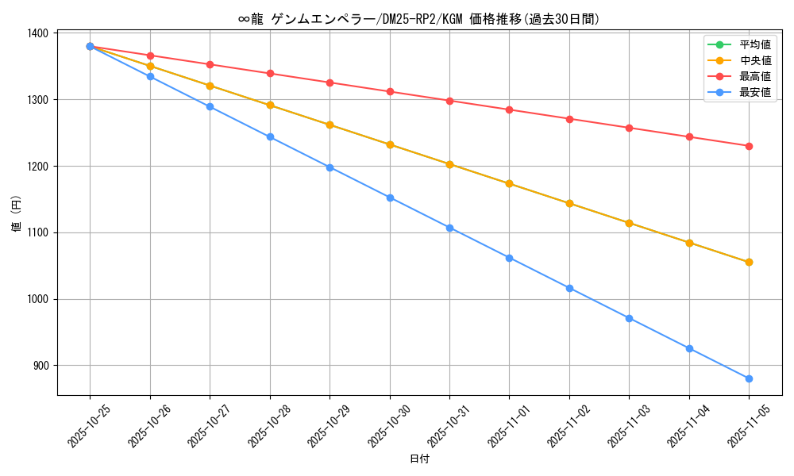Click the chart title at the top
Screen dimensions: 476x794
point(419,19)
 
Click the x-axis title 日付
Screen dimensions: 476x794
point(419,459)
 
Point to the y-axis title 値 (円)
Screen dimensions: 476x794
point(16,213)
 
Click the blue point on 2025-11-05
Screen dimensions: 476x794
point(749,378)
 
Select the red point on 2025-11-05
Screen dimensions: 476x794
point(749,146)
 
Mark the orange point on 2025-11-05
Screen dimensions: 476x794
point(749,262)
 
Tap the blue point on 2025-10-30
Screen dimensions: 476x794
point(390,198)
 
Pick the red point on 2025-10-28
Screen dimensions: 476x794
point(270,73)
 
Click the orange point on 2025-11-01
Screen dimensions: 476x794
point(509,183)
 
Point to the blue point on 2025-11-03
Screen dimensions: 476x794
point(629,318)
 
